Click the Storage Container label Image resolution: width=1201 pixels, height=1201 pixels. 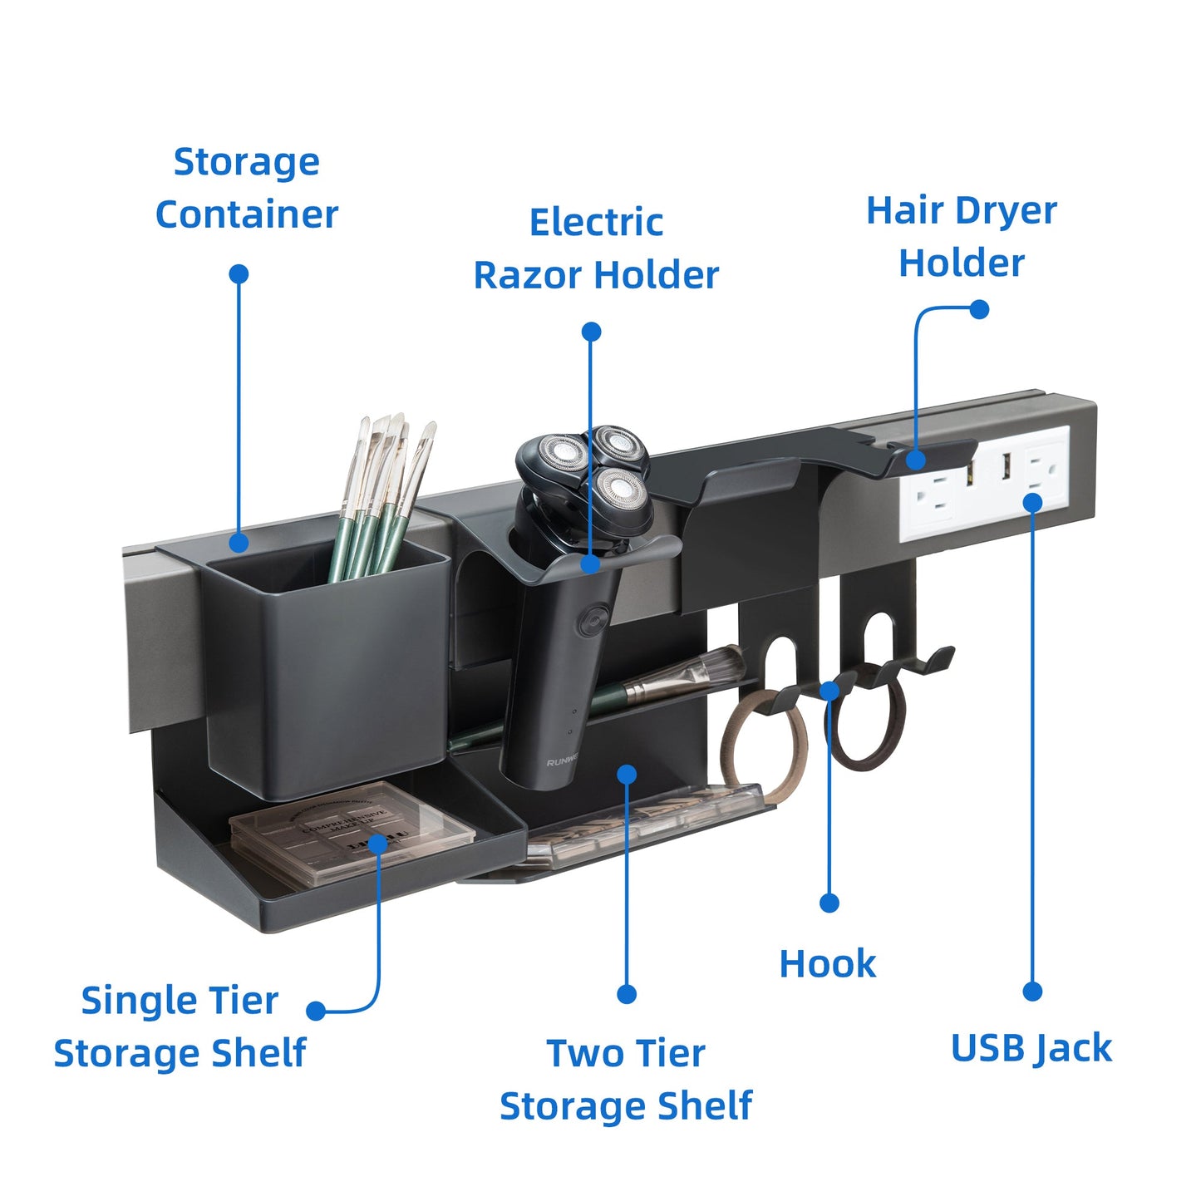[246, 188]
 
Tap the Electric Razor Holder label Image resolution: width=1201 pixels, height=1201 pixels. [596, 249]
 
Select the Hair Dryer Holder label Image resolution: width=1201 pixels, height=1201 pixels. [962, 236]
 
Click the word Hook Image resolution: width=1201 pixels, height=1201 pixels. [827, 964]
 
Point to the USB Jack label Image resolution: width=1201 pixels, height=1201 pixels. [1031, 1048]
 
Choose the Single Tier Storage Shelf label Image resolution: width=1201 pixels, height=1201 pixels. [180, 1026]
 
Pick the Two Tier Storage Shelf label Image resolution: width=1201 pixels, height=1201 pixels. [626, 1080]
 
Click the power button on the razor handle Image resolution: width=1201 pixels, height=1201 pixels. [593, 620]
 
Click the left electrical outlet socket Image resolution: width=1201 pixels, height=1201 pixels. [933, 496]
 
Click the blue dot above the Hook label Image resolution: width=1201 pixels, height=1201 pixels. [829, 903]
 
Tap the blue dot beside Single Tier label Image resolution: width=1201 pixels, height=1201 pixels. [316, 1011]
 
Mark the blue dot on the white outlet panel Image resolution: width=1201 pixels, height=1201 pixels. [1032, 502]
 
